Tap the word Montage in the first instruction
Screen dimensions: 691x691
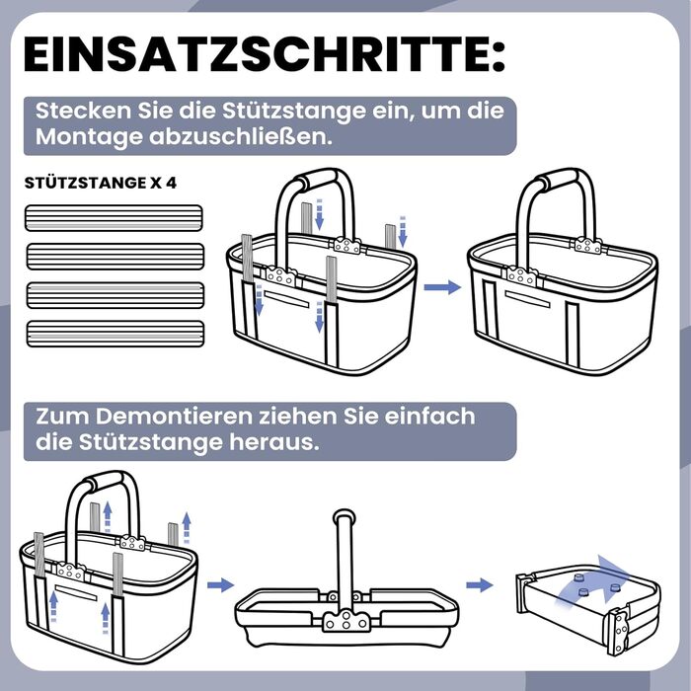89,137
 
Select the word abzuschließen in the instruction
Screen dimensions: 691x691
241,136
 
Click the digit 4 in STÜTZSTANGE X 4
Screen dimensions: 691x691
172,183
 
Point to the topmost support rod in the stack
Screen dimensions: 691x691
114,218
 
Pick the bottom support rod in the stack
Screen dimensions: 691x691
115,334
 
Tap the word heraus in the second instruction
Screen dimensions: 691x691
273,442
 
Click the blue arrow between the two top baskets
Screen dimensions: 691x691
442,287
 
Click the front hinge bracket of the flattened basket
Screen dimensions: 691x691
345,620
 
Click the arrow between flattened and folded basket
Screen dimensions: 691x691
480,585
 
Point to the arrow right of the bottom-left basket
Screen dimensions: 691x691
220,585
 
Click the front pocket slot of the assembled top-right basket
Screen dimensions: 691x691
527,299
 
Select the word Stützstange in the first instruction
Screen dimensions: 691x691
293,111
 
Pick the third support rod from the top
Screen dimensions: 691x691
115,295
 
